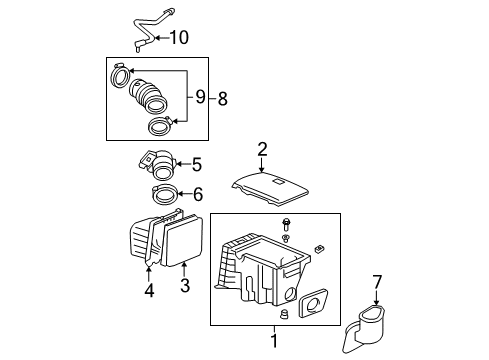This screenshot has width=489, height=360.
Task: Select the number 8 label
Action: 222,97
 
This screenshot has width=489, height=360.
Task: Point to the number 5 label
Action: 196,164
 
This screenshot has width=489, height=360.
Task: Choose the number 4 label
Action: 149,292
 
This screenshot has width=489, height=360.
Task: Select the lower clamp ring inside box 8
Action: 159,126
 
